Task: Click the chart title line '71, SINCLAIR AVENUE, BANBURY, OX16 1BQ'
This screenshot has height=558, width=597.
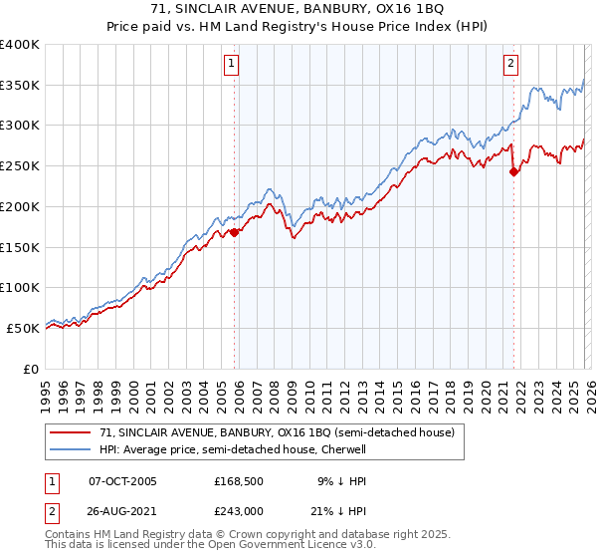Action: [x=298, y=11]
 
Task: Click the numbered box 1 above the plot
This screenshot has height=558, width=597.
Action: [x=231, y=65]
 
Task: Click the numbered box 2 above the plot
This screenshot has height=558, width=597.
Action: [x=511, y=65]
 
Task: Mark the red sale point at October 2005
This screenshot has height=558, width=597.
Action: [x=235, y=232]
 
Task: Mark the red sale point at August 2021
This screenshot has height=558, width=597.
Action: [x=513, y=171]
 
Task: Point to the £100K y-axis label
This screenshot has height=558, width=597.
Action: [x=20, y=288]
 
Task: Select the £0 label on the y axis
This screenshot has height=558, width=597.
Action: [x=30, y=369]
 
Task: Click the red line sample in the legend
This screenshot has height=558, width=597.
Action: [x=72, y=432]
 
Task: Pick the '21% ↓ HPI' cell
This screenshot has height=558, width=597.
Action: [x=346, y=512]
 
